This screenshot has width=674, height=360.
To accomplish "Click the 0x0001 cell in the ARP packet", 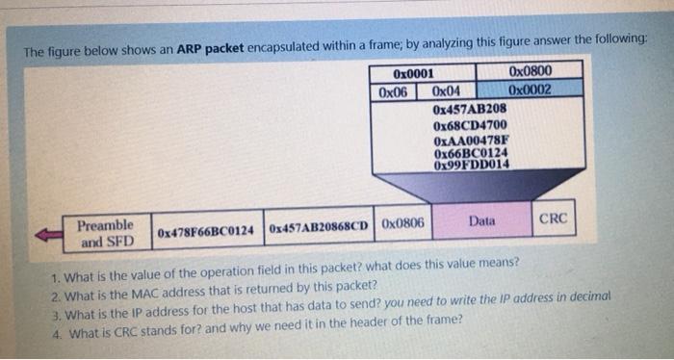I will pos(414,74).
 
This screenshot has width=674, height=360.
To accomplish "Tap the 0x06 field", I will pos(393,91).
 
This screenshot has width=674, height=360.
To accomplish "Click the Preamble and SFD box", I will pos(105,233).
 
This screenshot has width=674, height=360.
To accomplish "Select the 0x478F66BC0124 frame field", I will pos(205,232).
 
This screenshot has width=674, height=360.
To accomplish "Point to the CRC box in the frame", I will pos(554,219).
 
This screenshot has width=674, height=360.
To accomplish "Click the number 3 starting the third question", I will pos(57,300).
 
